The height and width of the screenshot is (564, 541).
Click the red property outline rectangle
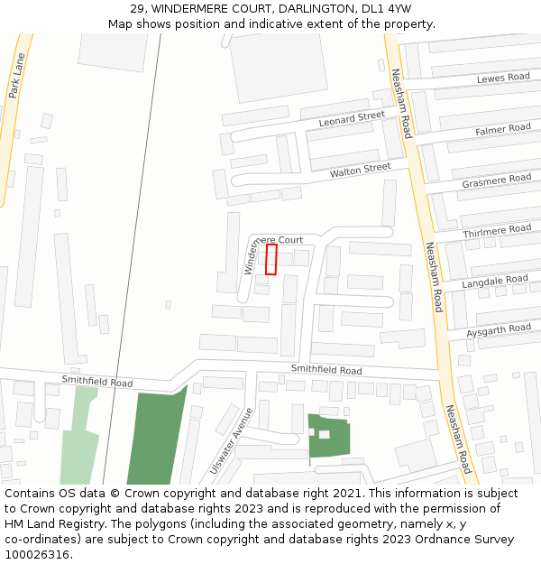(271, 259)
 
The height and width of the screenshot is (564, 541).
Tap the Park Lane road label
(16, 76)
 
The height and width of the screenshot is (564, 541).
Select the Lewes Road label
(503, 78)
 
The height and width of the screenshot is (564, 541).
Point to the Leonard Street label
(352, 119)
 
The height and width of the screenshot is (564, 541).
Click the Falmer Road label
(503, 129)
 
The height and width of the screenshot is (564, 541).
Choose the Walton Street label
(360, 170)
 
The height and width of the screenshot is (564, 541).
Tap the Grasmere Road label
(497, 180)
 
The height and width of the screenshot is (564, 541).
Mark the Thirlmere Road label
(497, 231)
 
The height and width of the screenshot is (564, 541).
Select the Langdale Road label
(495, 282)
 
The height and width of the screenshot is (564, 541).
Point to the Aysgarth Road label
(501, 331)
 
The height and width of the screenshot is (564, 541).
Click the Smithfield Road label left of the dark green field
(97, 382)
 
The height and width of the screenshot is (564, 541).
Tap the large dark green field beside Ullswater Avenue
(155, 438)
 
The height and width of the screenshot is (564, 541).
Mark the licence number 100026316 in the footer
(37, 555)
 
